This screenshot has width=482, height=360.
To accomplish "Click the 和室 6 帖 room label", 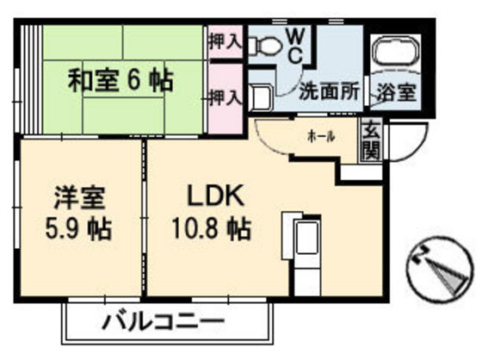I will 120,82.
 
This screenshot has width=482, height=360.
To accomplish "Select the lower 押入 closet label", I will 225,96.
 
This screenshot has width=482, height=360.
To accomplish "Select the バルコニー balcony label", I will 164,325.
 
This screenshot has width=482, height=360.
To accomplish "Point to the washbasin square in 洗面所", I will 262,96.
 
